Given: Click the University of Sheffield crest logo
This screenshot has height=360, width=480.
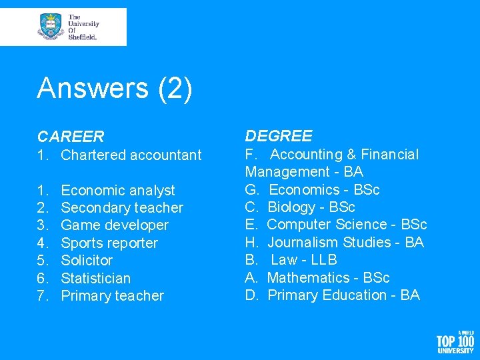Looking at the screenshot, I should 51,27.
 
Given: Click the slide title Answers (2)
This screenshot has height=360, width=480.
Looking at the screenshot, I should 115,88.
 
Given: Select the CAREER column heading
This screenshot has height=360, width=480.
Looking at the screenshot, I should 71,137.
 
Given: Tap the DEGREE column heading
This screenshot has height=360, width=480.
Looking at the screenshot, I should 279,136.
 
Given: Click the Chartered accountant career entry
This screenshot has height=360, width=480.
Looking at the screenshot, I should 131,155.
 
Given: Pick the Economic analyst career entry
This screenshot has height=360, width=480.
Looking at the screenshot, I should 117,191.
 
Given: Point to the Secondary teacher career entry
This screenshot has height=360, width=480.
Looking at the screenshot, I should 121,208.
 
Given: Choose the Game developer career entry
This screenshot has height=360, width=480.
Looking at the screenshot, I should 114,225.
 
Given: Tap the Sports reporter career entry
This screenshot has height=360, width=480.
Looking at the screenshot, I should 109,243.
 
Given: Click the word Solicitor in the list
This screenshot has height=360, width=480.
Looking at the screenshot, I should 87,261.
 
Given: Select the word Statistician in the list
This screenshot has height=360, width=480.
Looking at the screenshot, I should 95,278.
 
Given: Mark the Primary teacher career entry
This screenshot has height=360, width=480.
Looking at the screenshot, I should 112,296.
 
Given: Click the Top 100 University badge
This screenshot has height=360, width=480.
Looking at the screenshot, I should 455,341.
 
